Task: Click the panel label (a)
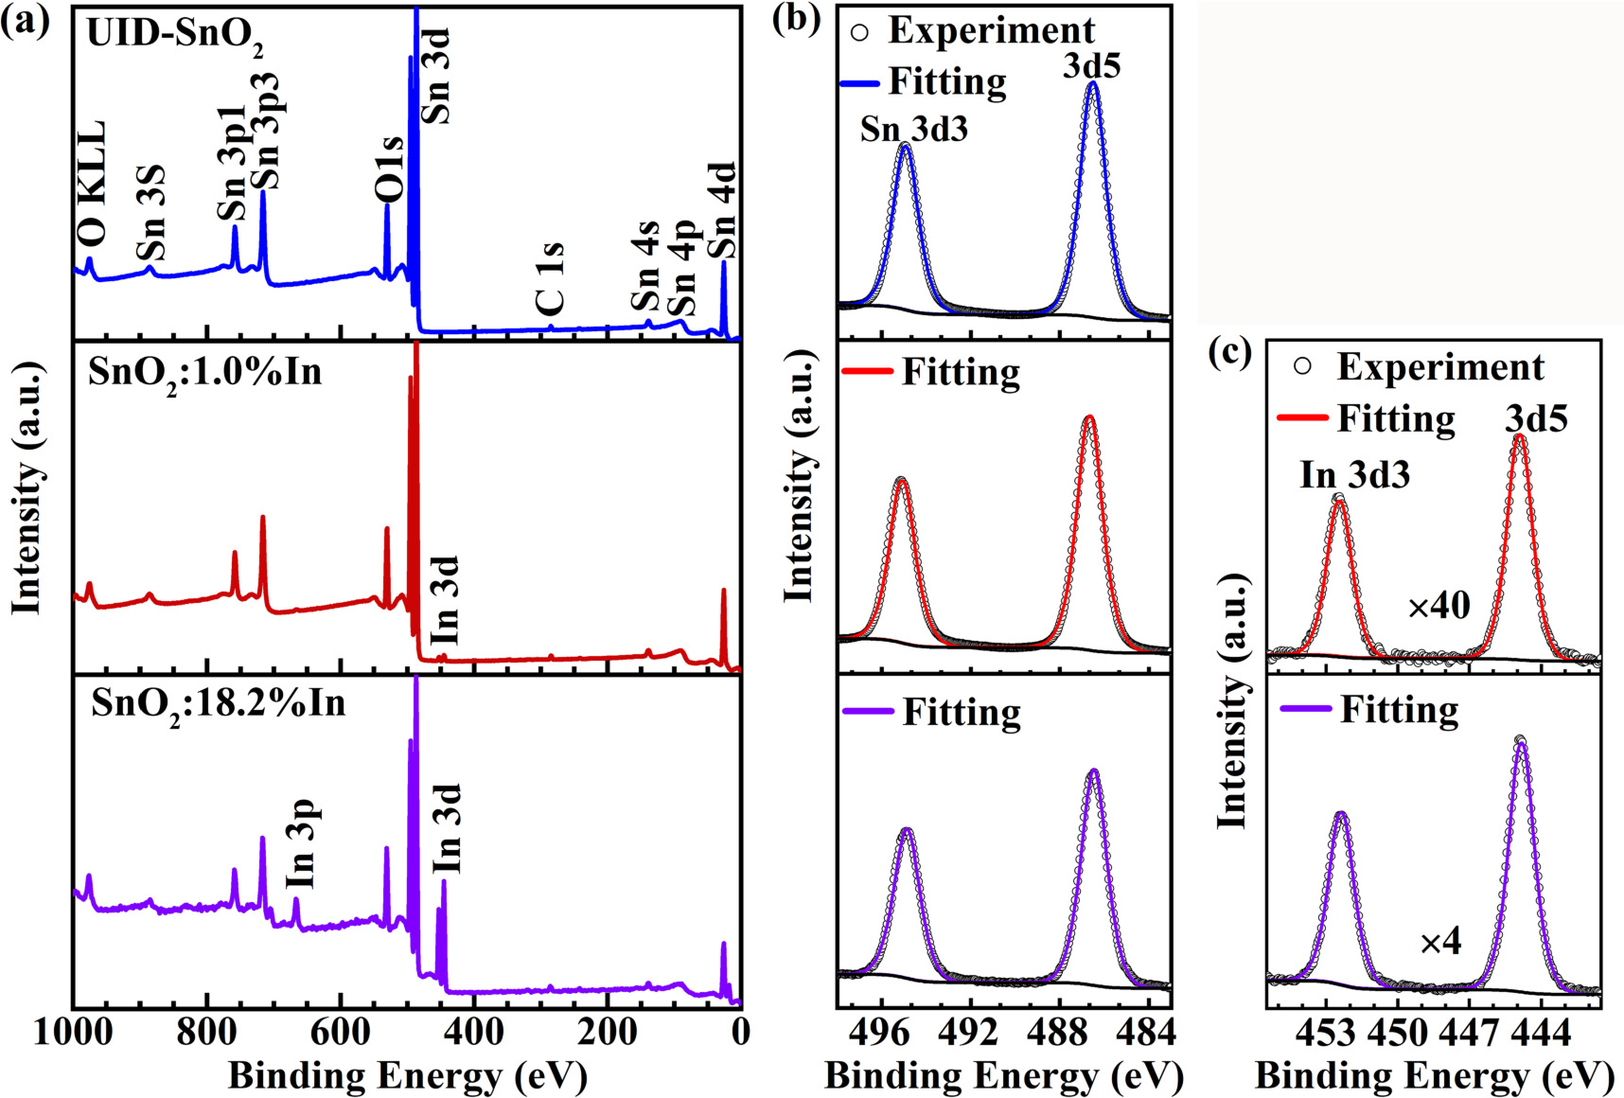(x=26, y=21)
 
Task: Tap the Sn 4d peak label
(x=723, y=210)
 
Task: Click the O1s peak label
(x=389, y=169)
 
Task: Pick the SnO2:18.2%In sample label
(x=219, y=703)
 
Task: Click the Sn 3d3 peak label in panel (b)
(x=914, y=129)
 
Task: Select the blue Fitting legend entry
(x=924, y=82)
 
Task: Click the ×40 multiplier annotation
(x=1439, y=606)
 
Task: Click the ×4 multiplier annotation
(x=1441, y=942)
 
